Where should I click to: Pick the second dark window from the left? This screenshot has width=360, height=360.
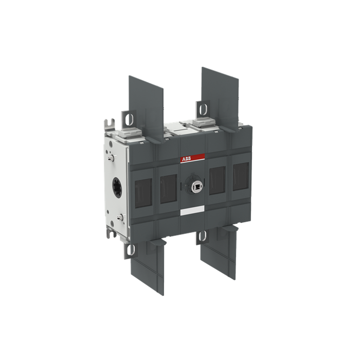168,188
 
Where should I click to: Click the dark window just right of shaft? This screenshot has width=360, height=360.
217,181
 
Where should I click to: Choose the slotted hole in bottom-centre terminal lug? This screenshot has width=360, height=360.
203,237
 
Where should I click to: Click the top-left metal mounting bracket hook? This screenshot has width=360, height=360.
109,124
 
